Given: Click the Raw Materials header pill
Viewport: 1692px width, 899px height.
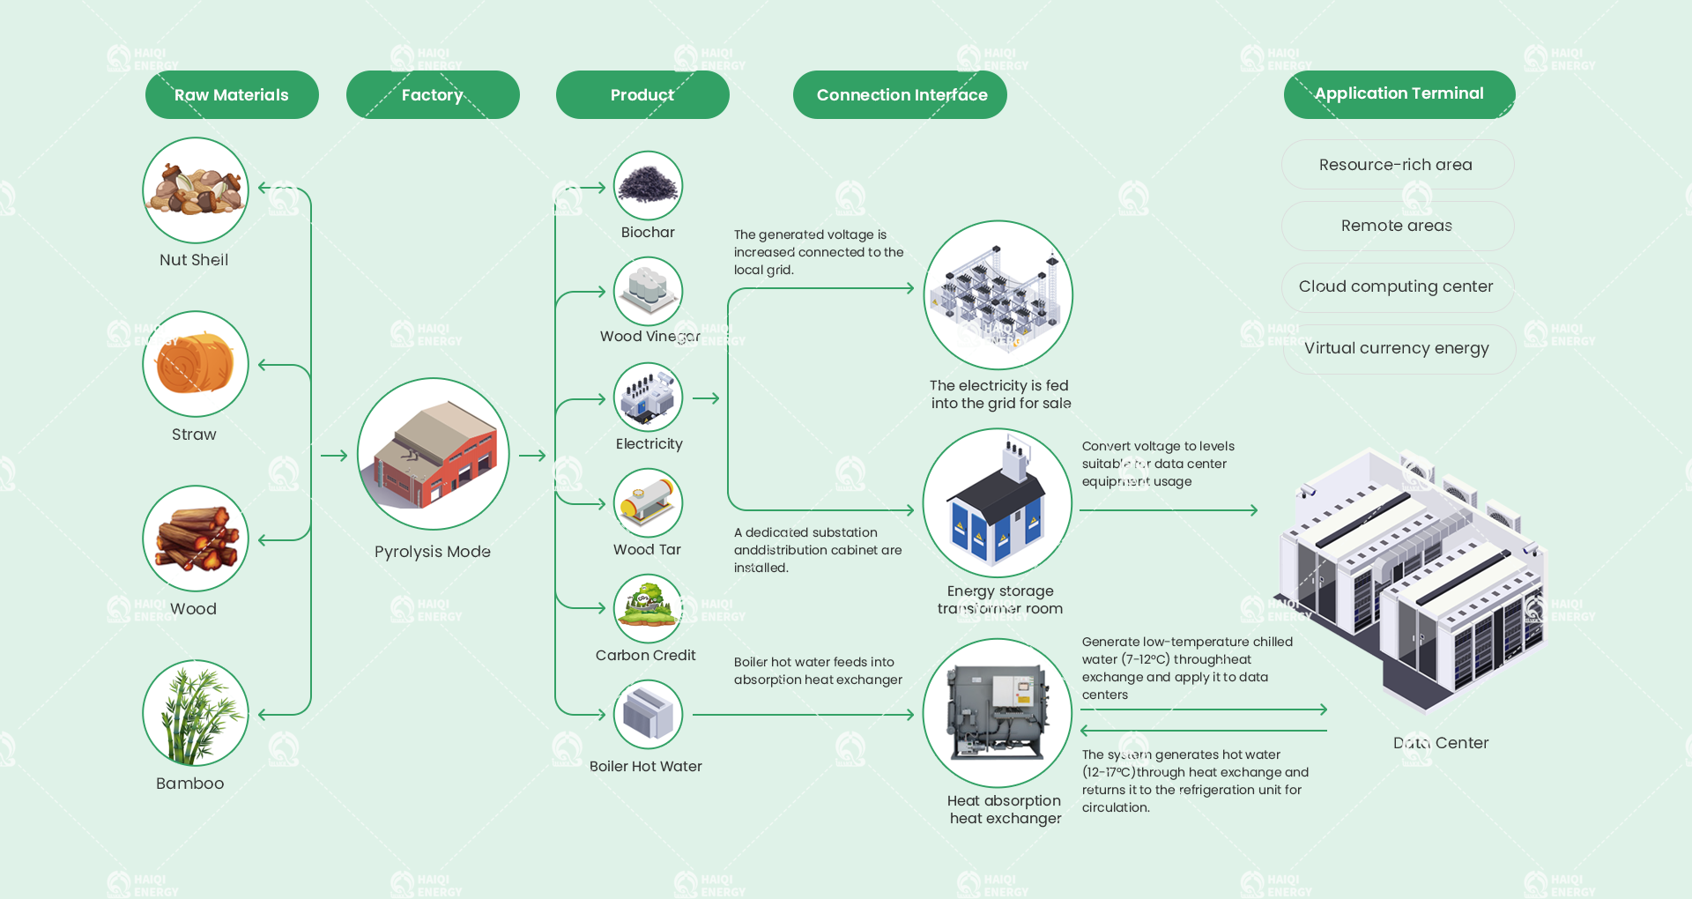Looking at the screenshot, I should pos(232,95).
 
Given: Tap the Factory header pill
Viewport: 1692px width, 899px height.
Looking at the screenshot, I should pos(433,95).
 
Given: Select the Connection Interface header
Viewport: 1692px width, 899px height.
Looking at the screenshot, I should pos(900,95).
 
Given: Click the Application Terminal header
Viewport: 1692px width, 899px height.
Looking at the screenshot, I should pos(1399,94).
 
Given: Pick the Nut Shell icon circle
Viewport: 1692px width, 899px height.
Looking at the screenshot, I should pos(196,190).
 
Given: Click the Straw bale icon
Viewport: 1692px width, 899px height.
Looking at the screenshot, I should pos(196,364).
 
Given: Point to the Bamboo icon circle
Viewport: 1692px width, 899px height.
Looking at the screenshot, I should pos(196,713).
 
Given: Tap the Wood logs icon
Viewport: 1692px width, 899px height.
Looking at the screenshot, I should pos(196,539).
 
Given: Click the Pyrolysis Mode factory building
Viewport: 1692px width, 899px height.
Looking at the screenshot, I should pos(434,454).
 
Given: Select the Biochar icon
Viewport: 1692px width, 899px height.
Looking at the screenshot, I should pos(649,186).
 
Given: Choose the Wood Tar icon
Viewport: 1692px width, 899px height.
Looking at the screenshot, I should pos(649,503).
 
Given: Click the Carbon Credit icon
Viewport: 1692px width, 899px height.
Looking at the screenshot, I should pos(649,609).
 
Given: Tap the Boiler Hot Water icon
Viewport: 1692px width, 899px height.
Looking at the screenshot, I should pos(649,715).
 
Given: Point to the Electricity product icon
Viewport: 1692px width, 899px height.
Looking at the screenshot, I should pos(649,397).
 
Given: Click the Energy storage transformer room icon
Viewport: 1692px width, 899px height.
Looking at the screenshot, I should pos(998,503).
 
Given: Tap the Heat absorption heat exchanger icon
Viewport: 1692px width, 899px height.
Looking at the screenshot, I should pos(998,713).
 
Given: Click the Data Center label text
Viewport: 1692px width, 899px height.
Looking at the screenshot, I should pos(1441,743).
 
